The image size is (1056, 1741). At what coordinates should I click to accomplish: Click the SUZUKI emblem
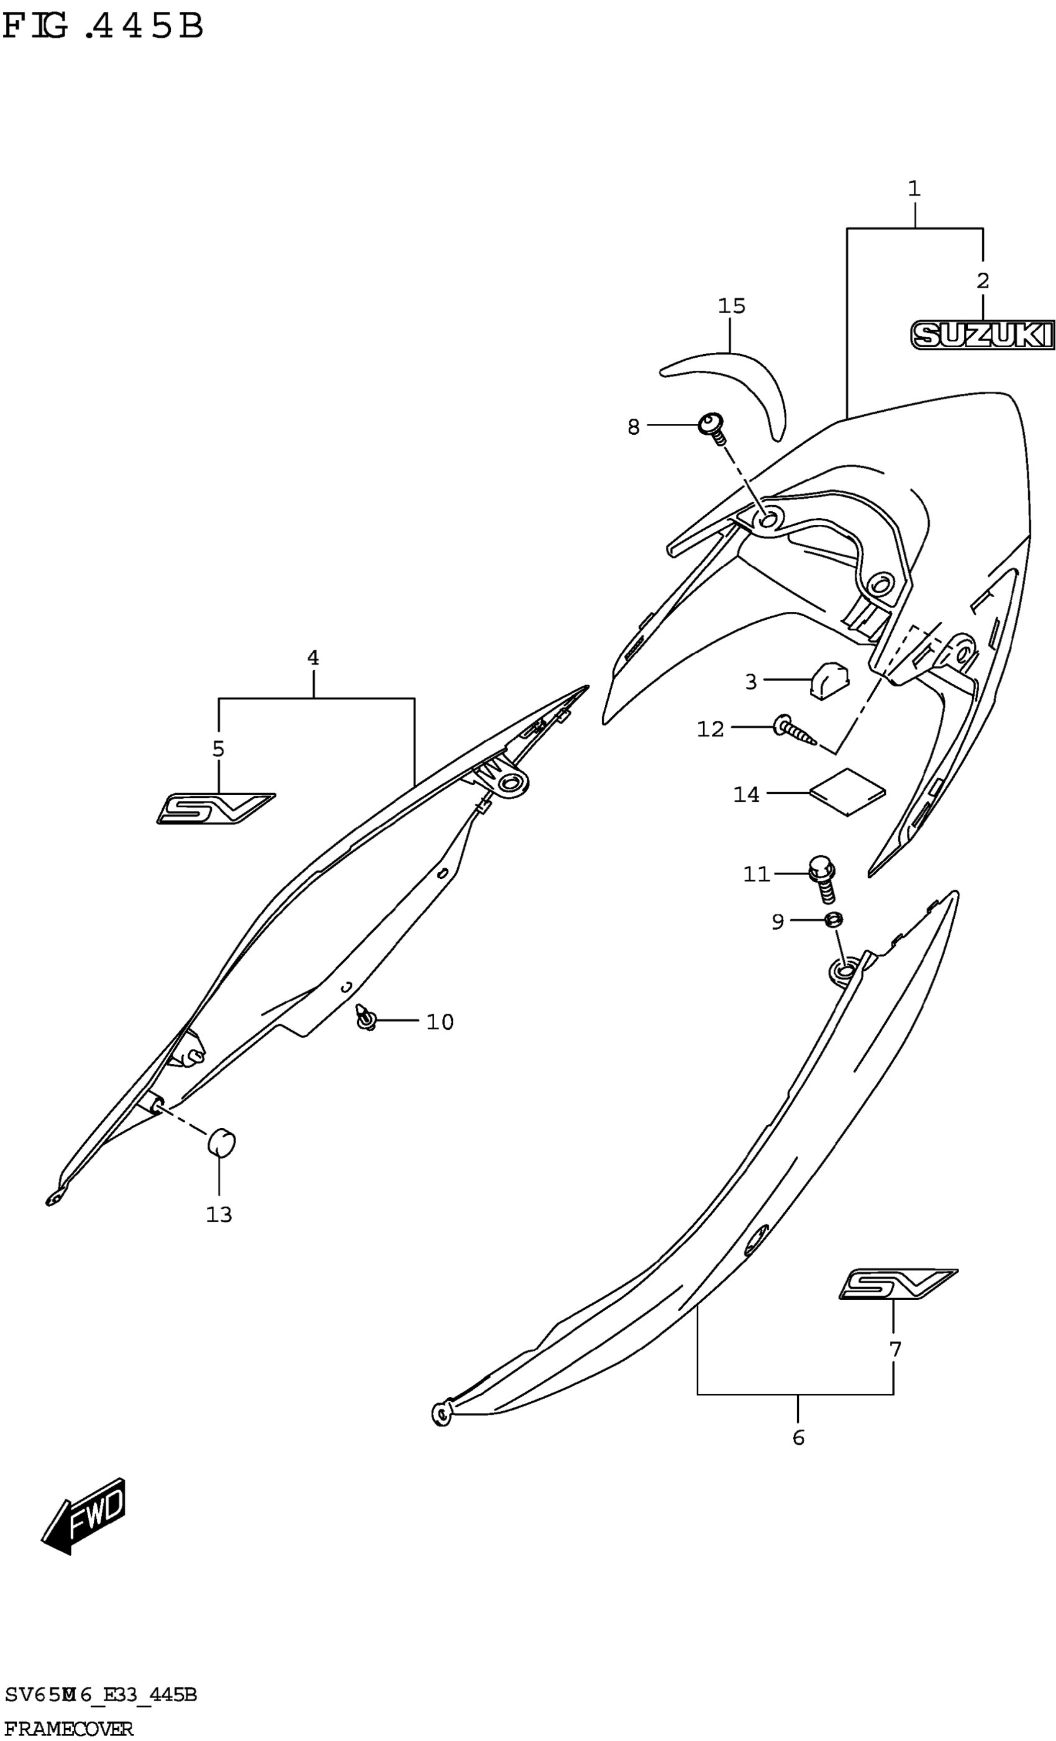(982, 335)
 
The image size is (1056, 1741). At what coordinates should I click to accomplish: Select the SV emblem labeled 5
(215, 808)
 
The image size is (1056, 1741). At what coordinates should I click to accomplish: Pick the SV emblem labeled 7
(898, 1284)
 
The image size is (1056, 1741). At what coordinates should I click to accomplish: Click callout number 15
(732, 306)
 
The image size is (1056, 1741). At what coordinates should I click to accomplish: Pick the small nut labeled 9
(834, 919)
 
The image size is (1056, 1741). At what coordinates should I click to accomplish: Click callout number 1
(914, 189)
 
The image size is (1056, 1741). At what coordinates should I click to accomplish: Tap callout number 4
(312, 658)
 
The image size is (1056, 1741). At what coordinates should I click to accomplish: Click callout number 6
(798, 1438)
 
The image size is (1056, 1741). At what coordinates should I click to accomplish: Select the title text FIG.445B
(103, 27)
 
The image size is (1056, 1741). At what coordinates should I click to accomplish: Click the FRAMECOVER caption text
(68, 1729)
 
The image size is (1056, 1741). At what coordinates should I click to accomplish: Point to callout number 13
(219, 1214)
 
